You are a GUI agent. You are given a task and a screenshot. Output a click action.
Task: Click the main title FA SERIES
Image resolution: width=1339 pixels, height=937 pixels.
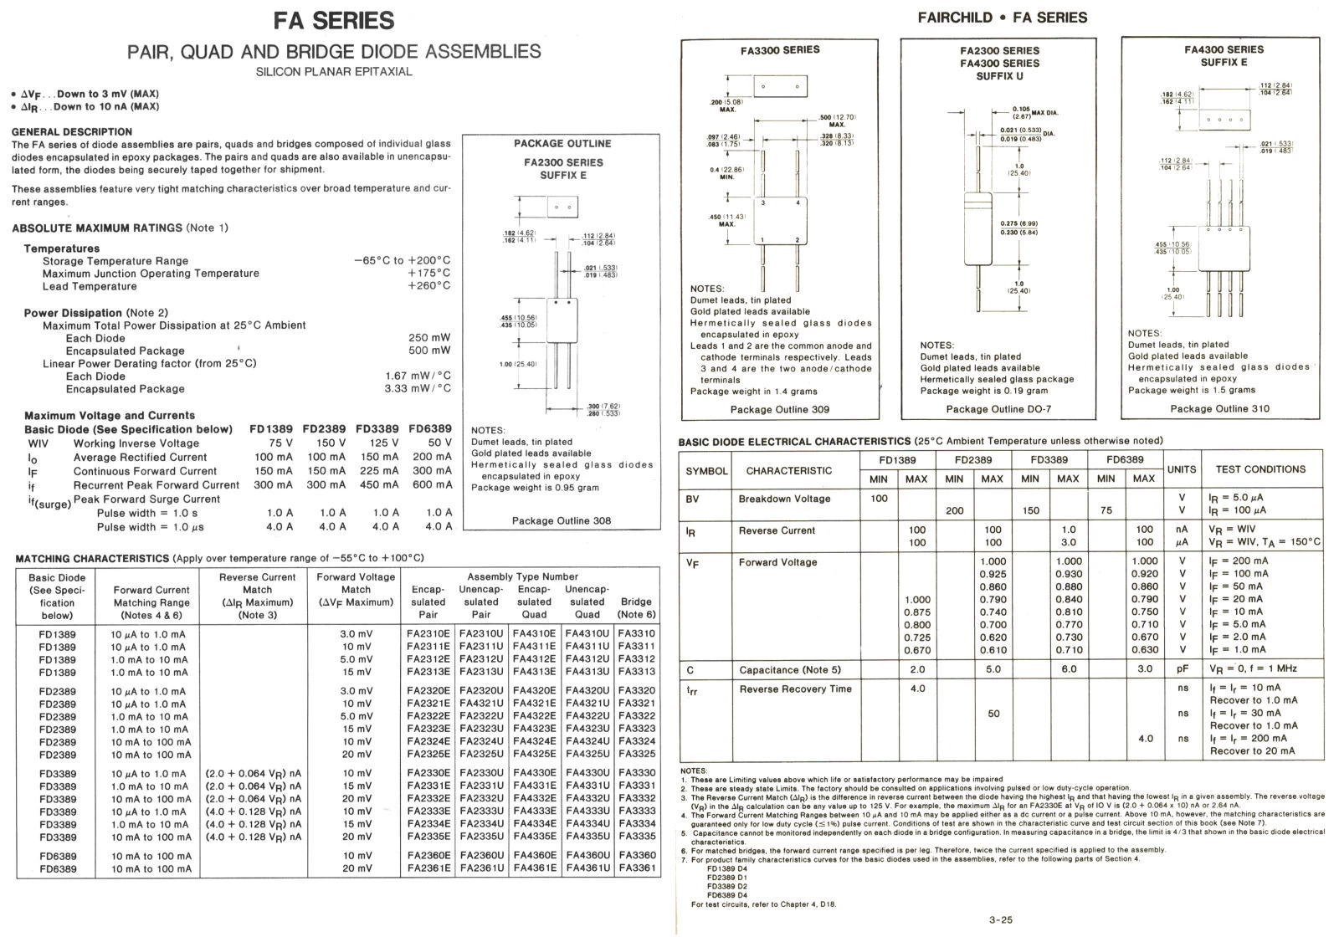coord(334,20)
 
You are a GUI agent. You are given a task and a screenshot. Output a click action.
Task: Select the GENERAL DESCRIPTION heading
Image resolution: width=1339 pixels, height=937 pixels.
coord(72,131)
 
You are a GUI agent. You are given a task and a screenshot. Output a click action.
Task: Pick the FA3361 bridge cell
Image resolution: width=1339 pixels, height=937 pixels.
coord(636,868)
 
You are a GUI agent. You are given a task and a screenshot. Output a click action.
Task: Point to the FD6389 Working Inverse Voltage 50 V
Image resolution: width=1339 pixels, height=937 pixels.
coord(439,443)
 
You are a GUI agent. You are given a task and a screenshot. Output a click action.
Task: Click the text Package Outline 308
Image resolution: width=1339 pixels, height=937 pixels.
coord(561,520)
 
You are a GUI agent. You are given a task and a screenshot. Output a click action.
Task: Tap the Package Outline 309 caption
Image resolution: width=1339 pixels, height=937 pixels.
coord(780,409)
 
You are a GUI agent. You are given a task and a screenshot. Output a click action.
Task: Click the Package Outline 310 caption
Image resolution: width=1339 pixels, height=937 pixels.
coord(1219,408)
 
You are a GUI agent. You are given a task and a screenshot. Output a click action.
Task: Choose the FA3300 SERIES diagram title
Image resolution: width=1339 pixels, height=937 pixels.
coord(780,50)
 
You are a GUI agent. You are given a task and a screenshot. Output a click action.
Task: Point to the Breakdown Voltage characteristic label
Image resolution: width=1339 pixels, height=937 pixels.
coord(784,499)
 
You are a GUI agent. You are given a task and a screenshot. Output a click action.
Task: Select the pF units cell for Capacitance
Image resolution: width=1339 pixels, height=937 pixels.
coord(1182,669)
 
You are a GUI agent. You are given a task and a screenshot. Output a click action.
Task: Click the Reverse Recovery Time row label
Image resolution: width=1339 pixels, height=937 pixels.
coord(795,689)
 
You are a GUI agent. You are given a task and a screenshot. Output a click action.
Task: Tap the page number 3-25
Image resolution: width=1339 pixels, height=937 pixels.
coord(1000,920)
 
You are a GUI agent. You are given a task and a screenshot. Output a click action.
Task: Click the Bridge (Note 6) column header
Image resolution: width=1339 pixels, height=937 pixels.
coord(636,608)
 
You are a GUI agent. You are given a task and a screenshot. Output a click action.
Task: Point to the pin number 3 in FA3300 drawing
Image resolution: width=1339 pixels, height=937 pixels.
coord(762,203)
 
